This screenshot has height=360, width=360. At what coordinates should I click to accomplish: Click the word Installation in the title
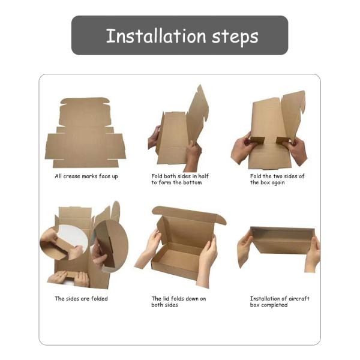click(156, 36)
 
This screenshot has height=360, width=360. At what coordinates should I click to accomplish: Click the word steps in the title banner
click(235, 37)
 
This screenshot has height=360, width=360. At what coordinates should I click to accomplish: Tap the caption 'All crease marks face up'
click(86, 176)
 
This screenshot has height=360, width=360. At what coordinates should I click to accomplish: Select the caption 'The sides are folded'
click(81, 298)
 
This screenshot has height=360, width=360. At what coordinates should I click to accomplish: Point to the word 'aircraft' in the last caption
click(299, 298)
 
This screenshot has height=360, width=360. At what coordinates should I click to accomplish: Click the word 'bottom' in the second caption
click(194, 182)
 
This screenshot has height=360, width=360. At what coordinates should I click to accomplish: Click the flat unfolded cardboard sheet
click(85, 133)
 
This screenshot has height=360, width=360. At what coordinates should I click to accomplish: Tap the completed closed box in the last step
click(283, 241)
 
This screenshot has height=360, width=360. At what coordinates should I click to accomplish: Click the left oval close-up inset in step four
click(64, 242)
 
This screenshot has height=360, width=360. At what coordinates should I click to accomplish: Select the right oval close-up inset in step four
click(110, 245)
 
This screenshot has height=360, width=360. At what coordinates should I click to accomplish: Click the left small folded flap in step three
click(257, 140)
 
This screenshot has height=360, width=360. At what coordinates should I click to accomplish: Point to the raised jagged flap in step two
click(198, 113)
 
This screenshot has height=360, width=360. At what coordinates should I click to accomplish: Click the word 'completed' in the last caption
click(274, 305)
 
